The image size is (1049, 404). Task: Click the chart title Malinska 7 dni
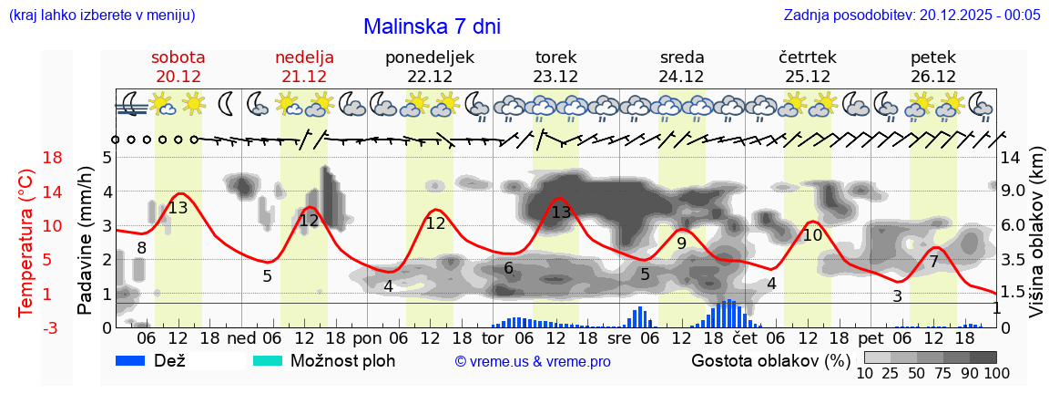click(x=432, y=26)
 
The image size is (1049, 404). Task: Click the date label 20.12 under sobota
click(x=178, y=77)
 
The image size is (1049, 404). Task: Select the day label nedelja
click(x=304, y=57)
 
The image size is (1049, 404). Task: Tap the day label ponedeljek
click(x=430, y=57)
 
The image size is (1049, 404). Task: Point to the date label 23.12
click(x=556, y=77)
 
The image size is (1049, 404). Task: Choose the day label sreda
click(x=682, y=57)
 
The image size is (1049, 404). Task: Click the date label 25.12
click(x=808, y=77)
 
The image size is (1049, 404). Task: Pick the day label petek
click(x=933, y=57)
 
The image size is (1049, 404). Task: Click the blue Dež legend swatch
click(x=137, y=360)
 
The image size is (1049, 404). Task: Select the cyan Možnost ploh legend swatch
click(x=268, y=360)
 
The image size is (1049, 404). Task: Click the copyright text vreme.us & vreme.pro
click(x=533, y=362)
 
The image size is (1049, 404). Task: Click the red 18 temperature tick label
click(x=27, y=158)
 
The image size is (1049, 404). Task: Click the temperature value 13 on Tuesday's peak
click(x=561, y=212)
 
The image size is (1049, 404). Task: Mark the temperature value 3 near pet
click(x=897, y=296)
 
